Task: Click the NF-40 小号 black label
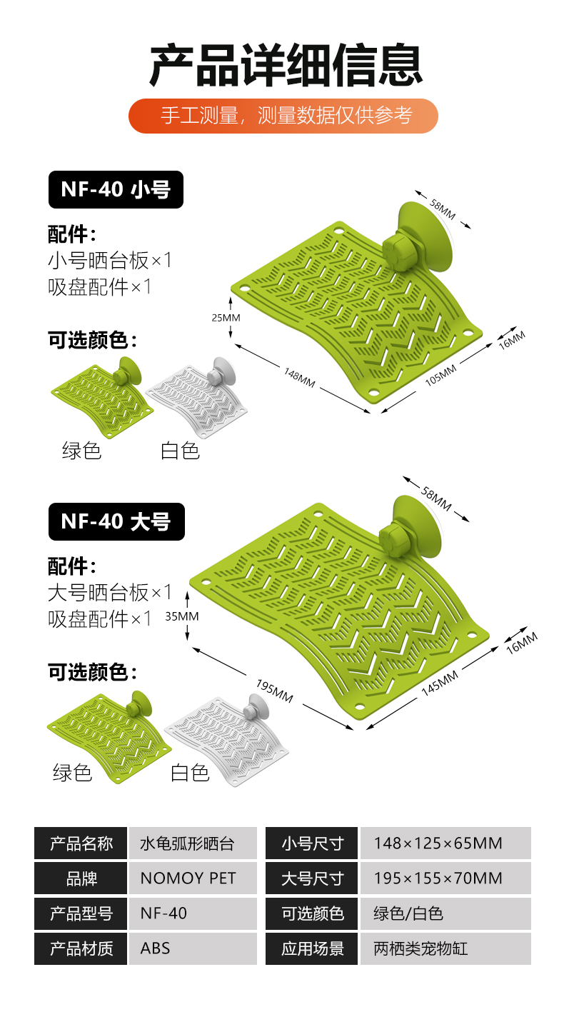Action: (116, 189)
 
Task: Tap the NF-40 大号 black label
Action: (116, 521)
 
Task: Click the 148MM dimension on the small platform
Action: (298, 377)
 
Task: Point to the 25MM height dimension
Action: (226, 317)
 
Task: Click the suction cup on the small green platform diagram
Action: (425, 236)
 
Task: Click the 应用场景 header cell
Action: (312, 948)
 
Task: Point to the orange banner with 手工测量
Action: (283, 116)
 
